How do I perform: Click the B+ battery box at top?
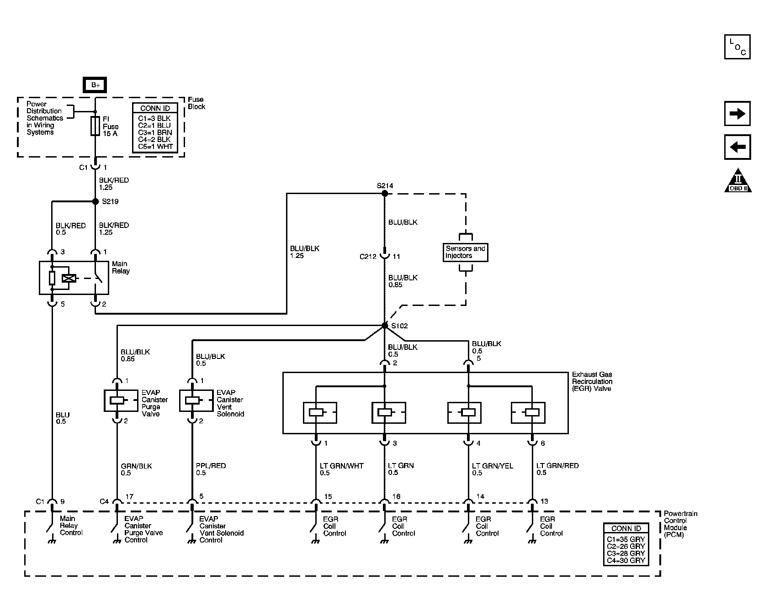click(x=95, y=85)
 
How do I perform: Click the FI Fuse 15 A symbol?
click(x=95, y=126)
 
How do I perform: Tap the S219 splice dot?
click(x=95, y=201)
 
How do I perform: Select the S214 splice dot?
click(x=385, y=193)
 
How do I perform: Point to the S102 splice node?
click(x=385, y=326)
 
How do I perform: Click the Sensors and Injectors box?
click(x=466, y=252)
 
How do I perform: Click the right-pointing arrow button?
click(x=737, y=114)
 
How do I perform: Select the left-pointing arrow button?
click(x=737, y=147)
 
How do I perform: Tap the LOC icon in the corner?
click(x=737, y=47)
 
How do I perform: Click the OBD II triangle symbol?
click(x=738, y=181)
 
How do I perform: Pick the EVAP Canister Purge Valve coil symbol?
click(x=117, y=400)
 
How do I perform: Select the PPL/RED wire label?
click(x=211, y=466)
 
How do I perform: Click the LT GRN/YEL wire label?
click(x=492, y=466)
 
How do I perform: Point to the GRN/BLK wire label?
click(x=136, y=466)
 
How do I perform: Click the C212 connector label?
click(x=368, y=257)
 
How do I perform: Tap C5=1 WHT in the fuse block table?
click(x=155, y=147)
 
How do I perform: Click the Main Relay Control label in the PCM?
click(x=71, y=526)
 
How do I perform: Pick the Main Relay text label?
click(x=121, y=267)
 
